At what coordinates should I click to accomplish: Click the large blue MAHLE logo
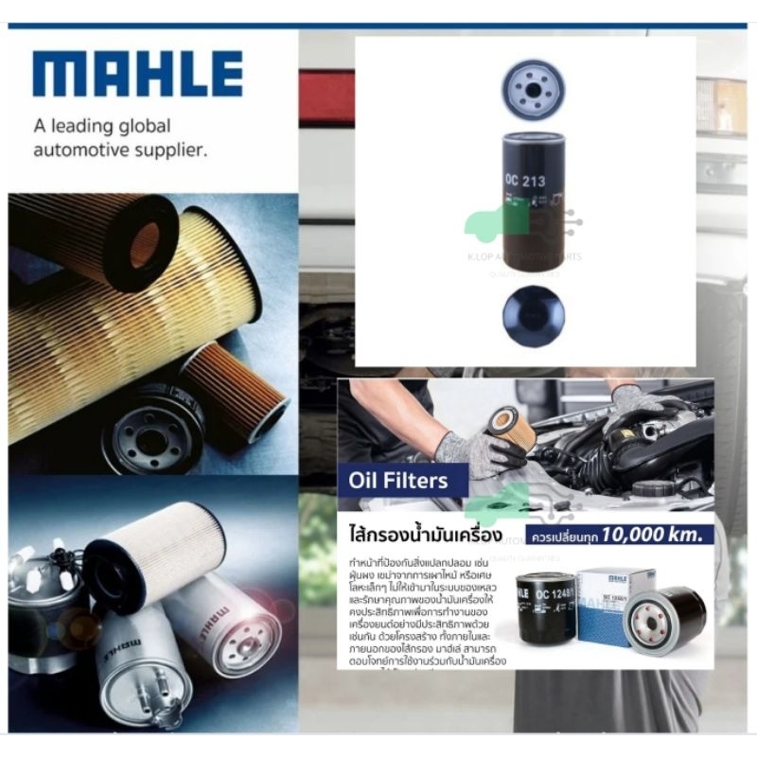click(137, 75)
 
